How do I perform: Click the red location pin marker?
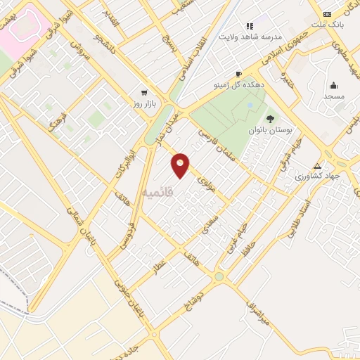tap(181, 165)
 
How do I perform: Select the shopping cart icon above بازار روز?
tap(144, 92)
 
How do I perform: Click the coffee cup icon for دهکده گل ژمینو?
tap(238, 74)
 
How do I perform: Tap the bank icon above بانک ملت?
tap(327, 14)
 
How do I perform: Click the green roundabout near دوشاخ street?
tap(219, 276)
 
